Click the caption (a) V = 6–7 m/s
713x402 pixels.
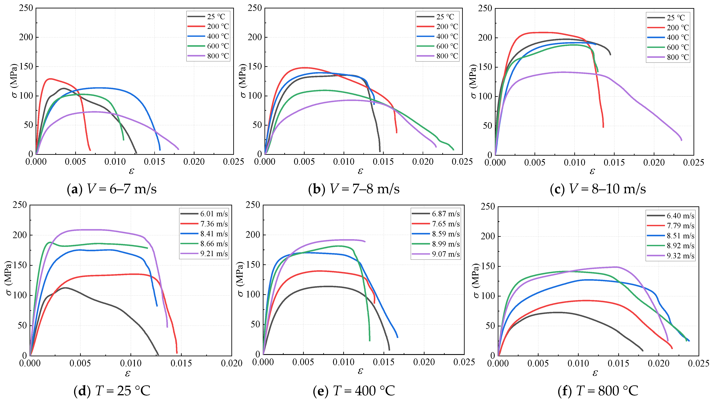pos(112,189)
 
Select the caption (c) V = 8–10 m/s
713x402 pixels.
pos(598,189)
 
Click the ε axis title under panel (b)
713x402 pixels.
pos(360,171)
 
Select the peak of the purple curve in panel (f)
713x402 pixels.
pos(616,267)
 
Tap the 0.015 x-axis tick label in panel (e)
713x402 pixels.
pos(384,362)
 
